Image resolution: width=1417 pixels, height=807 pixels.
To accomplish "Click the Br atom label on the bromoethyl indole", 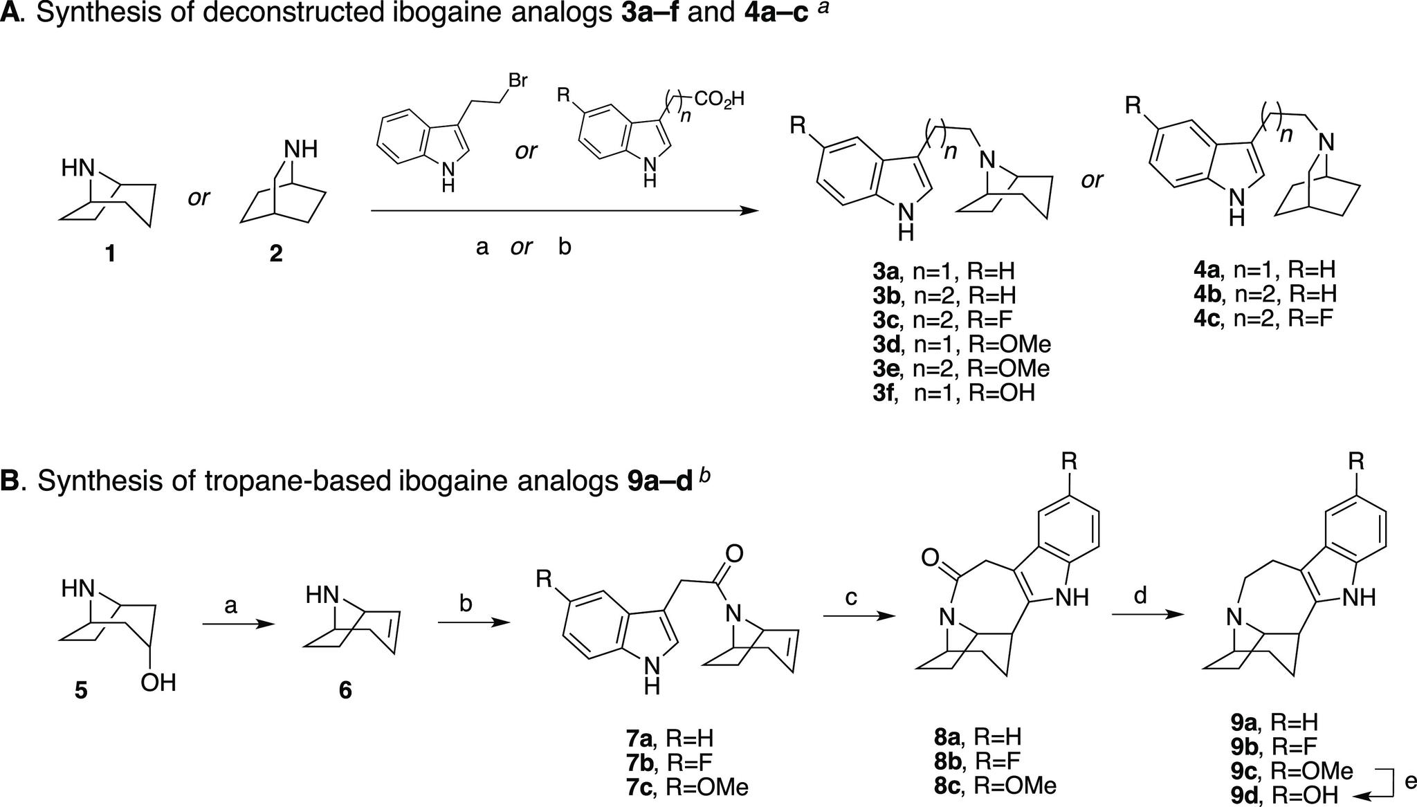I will pyautogui.click(x=518, y=81).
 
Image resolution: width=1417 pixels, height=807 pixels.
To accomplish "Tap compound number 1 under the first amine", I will pyautogui.click(x=109, y=255).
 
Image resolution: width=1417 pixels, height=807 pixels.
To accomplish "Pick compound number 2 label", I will pyautogui.click(x=275, y=254).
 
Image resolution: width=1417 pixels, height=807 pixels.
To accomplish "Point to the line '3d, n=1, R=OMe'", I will pyautogui.click(x=961, y=344).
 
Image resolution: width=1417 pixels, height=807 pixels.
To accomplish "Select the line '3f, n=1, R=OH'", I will pyautogui.click(x=953, y=393).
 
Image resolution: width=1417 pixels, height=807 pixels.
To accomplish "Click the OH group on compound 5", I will pyautogui.click(x=158, y=684).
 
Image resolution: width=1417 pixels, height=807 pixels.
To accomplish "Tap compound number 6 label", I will pyautogui.click(x=345, y=689).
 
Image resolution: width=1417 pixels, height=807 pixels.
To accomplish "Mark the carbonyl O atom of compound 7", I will pyautogui.click(x=735, y=553).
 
